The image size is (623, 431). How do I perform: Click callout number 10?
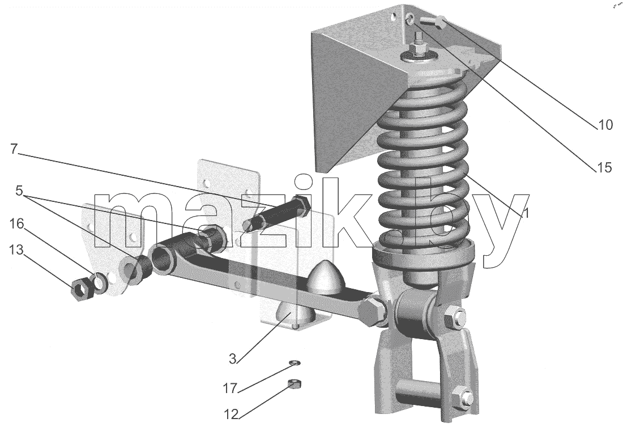point(605,125)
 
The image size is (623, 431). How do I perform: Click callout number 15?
point(605,167)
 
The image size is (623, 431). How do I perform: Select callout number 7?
point(14,149)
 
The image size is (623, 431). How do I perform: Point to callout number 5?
point(20,191)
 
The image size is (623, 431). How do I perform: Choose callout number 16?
point(17,223)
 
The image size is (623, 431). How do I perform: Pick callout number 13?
point(16,250)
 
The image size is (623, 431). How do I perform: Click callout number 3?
point(233,358)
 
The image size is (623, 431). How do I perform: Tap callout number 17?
point(231,388)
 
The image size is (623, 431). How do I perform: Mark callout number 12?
point(231,415)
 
